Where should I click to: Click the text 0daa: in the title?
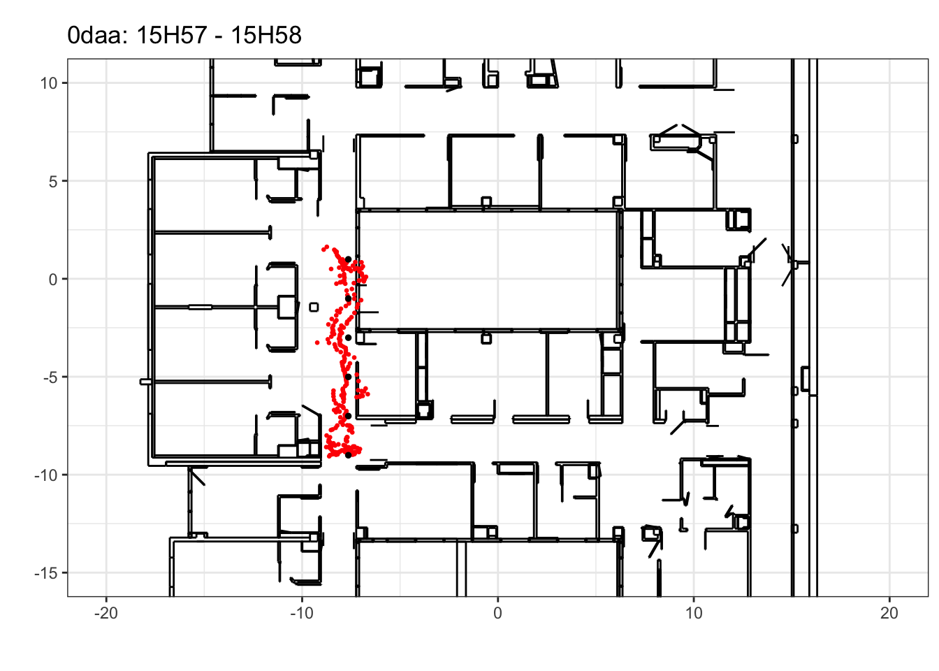click(98, 35)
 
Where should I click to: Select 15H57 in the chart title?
click(172, 35)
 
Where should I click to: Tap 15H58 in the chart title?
click(266, 35)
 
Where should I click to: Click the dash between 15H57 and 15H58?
click(219, 37)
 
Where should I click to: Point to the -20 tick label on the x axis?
click(106, 614)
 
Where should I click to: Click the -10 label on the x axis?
click(302, 614)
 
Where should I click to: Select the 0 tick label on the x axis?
click(497, 614)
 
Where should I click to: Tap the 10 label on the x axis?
click(694, 614)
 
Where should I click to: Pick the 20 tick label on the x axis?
click(889, 614)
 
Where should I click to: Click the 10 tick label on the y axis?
click(49, 83)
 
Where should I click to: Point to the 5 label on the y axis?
click(53, 182)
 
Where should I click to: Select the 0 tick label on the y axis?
click(53, 280)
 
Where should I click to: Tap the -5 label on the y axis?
click(50, 377)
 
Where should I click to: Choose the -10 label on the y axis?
click(46, 475)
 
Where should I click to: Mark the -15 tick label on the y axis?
click(46, 573)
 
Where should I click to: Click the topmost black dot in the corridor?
click(349, 259)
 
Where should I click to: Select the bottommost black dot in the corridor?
click(349, 455)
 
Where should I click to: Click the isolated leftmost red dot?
click(317, 342)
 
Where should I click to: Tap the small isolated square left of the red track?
click(314, 308)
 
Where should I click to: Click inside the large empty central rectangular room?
click(488, 270)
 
